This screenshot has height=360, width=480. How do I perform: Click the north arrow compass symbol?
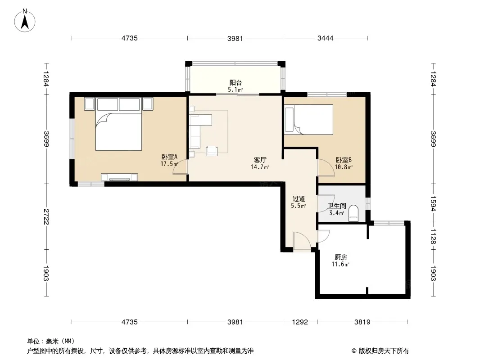click(x=25, y=21)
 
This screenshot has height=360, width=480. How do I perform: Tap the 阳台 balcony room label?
click(x=235, y=83)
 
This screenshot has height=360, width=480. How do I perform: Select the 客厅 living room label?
click(x=260, y=160)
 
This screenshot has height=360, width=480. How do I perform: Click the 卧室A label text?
click(x=169, y=157)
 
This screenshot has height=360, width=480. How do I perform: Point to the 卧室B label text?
click(x=344, y=160)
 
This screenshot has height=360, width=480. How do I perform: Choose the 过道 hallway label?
click(x=299, y=199)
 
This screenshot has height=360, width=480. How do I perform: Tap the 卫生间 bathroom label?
click(x=337, y=206)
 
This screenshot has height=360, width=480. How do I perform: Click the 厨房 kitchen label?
click(x=341, y=257)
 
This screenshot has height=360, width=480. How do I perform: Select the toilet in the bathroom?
click(x=353, y=213)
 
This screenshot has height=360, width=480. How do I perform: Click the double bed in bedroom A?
click(x=118, y=124)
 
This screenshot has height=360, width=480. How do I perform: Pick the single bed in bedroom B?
click(x=308, y=120)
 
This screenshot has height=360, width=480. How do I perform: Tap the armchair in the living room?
click(x=212, y=150)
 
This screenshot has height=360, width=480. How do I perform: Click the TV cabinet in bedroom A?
click(x=119, y=177)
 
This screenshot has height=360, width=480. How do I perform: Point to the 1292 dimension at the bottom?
click(x=300, y=322)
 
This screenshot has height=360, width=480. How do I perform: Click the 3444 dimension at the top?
click(x=325, y=38)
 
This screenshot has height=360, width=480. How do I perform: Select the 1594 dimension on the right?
click(x=433, y=203)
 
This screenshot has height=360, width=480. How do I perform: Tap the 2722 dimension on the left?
click(x=46, y=216)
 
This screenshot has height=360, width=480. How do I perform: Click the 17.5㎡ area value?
click(x=169, y=164)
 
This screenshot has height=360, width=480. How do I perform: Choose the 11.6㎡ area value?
click(x=340, y=264)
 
